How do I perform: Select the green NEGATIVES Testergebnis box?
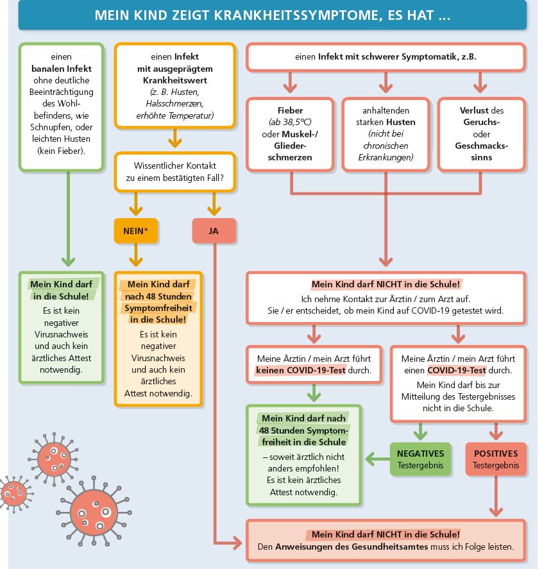421,459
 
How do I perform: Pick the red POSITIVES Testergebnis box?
495,459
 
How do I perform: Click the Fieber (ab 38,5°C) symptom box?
291,134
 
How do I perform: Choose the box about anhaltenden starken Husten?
385,134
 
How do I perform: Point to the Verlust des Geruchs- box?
481,134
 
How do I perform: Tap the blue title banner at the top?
272,15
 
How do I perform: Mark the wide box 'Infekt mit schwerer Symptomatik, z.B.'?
386,57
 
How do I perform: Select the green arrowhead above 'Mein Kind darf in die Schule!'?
67,262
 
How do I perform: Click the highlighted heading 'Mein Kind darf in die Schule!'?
62,289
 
